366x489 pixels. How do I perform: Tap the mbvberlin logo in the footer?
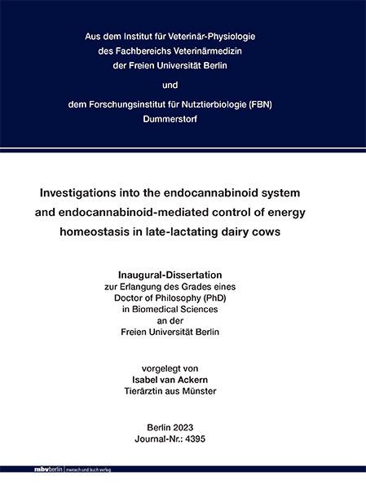pos(24,471)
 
